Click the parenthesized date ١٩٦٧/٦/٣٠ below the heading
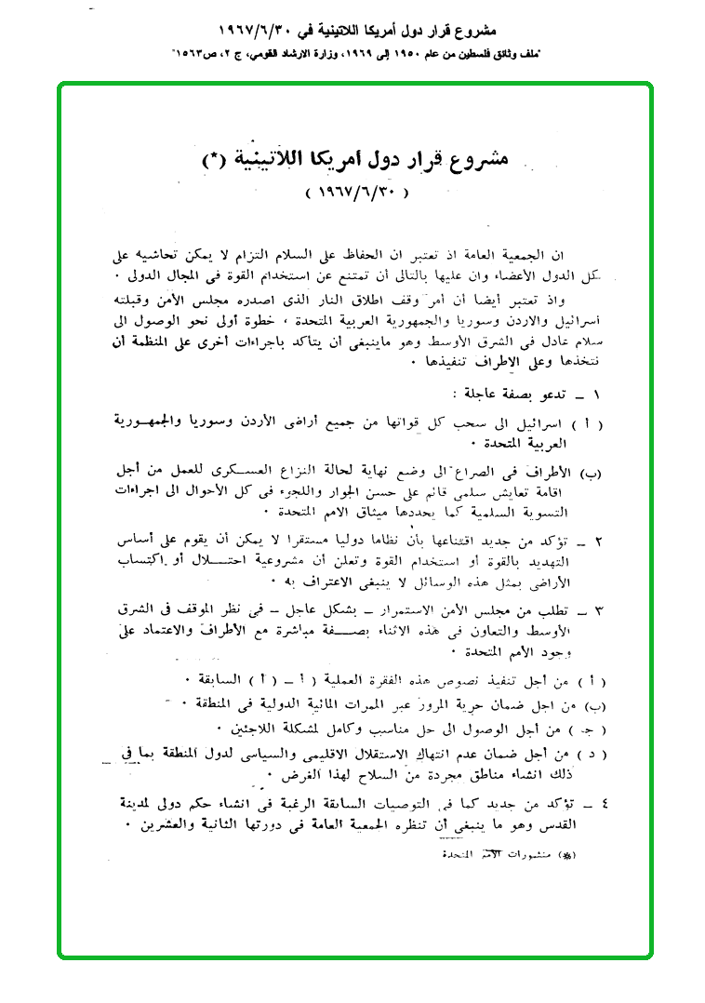point(357,194)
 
